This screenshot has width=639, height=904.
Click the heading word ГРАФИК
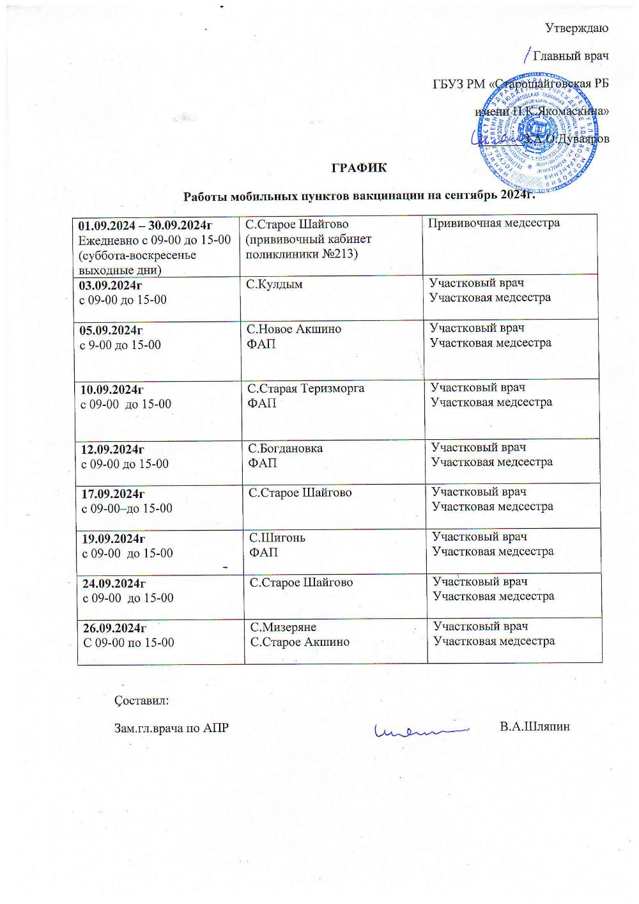358,168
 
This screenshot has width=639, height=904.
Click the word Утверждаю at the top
577,27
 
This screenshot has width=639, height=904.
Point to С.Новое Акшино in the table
295,329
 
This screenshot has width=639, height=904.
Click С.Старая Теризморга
306,388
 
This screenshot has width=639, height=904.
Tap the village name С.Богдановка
286,448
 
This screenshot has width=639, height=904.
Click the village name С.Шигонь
277,538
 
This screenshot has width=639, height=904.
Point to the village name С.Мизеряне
283,627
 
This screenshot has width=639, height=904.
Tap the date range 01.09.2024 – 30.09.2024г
145,225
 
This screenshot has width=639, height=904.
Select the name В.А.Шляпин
535,727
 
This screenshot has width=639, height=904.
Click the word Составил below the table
142,700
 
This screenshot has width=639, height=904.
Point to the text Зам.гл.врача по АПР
171,728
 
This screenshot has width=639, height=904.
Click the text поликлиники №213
302,254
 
